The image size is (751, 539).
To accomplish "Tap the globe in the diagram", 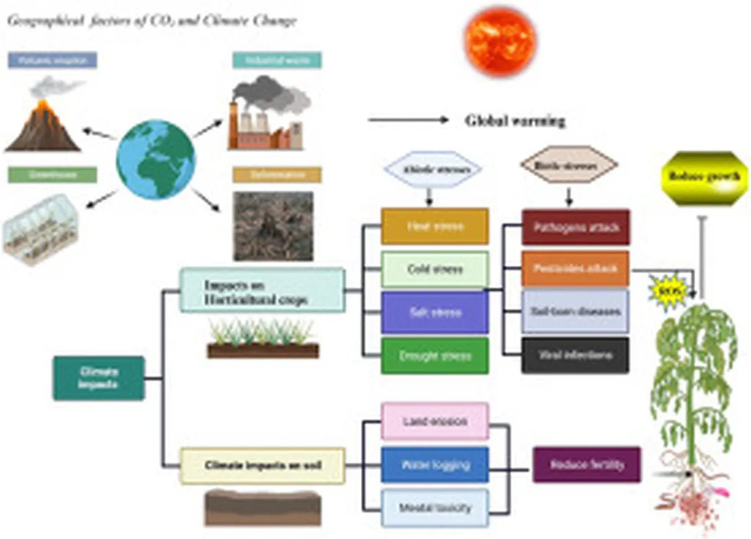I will (155, 160).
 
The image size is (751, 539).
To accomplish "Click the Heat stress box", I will (435, 226).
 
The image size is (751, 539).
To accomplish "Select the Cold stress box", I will (435, 269).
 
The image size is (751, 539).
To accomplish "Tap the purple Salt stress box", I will (435, 313).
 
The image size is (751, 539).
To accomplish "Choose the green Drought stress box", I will (435, 357).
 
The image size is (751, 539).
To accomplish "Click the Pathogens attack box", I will (575, 227).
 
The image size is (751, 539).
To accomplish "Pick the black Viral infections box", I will (575, 356).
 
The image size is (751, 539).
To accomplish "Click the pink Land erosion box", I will (435, 422).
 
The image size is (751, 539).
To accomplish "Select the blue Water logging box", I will (435, 465).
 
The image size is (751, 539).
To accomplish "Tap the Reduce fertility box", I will (587, 465).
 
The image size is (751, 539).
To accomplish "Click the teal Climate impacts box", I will (98, 378).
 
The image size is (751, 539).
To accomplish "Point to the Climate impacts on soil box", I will (263, 465).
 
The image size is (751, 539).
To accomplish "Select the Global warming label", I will (515, 121).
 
